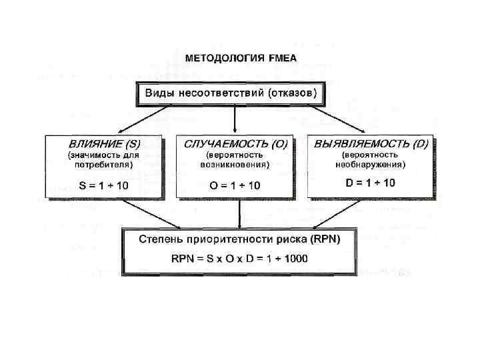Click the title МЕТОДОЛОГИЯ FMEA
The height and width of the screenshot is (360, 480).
point(240,58)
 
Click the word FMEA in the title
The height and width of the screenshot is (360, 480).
point(283,58)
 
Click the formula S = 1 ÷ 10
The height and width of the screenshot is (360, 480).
point(103,185)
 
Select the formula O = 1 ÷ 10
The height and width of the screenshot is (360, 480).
point(235,185)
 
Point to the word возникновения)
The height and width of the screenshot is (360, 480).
point(237,163)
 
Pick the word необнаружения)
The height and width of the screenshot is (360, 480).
point(371,163)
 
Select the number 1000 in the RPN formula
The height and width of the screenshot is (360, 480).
point(293,259)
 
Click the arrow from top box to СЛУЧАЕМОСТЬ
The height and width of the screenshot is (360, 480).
point(235,120)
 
